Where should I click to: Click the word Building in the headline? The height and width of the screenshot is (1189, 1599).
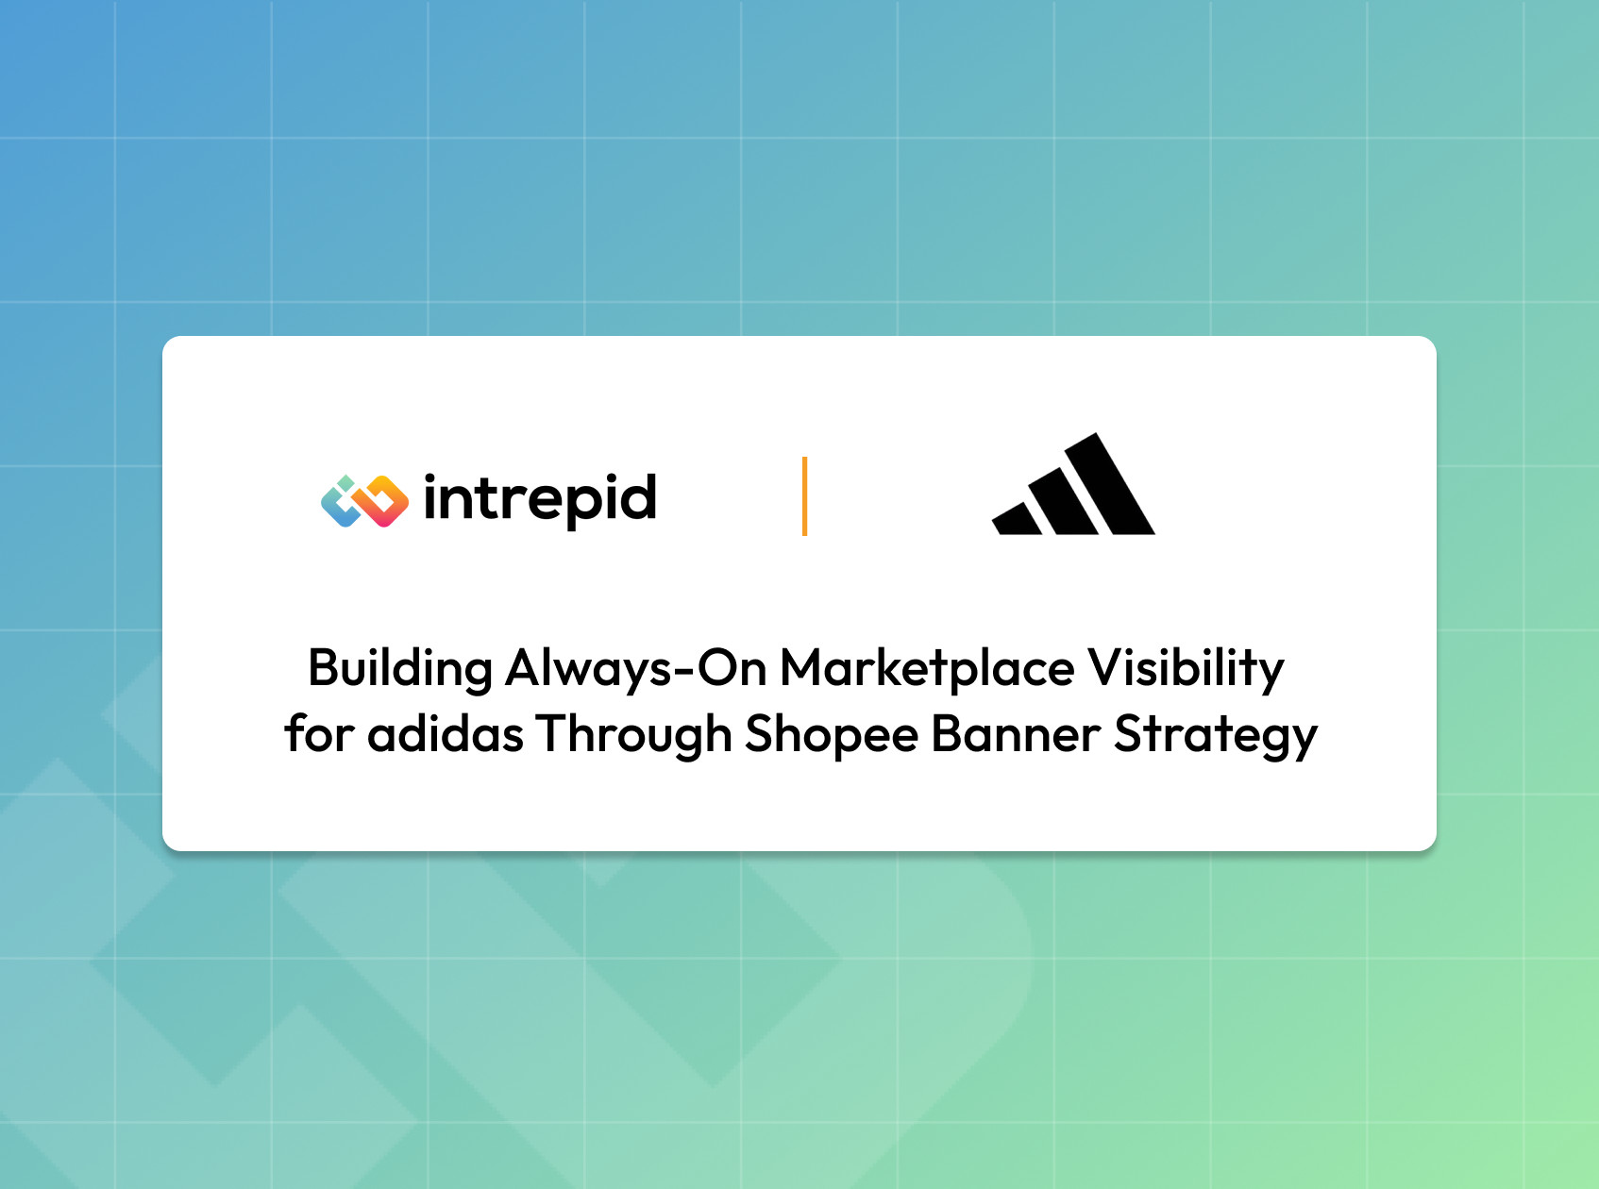click(400, 669)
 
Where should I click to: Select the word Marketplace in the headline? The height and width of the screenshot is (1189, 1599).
click(927, 668)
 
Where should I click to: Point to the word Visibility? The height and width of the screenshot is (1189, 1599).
click(1186, 669)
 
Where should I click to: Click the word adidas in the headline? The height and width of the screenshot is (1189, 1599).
click(445, 734)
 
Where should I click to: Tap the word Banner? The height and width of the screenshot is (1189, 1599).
click(1016, 734)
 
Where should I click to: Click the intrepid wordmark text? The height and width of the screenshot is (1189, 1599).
click(540, 500)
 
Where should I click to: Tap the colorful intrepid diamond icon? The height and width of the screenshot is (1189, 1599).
click(364, 501)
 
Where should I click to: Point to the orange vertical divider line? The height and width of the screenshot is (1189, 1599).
click(804, 496)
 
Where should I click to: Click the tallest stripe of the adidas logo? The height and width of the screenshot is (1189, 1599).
click(1110, 484)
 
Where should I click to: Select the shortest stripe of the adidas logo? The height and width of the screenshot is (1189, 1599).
click(1018, 519)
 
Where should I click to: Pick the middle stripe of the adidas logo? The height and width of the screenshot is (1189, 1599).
click(1063, 501)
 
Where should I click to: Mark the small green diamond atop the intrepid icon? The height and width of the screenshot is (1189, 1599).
click(346, 482)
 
